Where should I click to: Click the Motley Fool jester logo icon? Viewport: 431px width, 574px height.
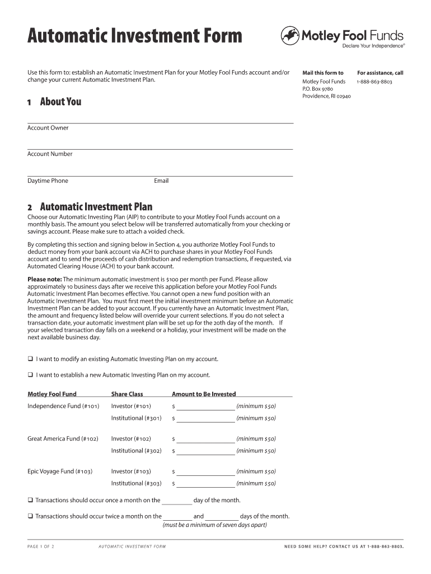(x=289, y=36)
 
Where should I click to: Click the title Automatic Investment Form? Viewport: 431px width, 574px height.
(x=135, y=36)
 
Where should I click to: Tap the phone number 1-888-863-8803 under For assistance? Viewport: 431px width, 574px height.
(x=374, y=82)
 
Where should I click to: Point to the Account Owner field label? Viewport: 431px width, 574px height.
(x=48, y=128)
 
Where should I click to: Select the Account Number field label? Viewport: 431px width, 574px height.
(x=50, y=154)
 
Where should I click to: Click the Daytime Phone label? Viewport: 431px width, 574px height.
(x=48, y=180)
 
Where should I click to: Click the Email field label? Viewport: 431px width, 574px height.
(x=161, y=180)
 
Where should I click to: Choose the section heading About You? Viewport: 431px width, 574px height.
(x=60, y=101)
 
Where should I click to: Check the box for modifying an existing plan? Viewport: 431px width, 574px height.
(x=30, y=359)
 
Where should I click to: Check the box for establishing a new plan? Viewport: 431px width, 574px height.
(x=30, y=375)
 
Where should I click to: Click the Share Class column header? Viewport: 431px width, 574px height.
(x=127, y=394)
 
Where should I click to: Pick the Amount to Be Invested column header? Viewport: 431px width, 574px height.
(x=204, y=394)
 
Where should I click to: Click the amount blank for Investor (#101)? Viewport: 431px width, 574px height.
(x=205, y=406)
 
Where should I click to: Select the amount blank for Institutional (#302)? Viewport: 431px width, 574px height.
(x=205, y=451)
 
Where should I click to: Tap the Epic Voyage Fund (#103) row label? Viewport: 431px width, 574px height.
(x=60, y=471)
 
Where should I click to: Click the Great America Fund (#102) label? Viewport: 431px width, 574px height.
(x=63, y=439)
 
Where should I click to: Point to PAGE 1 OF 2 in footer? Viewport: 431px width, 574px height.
(x=41, y=547)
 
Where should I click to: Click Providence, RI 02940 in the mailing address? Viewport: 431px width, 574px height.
(x=326, y=96)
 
